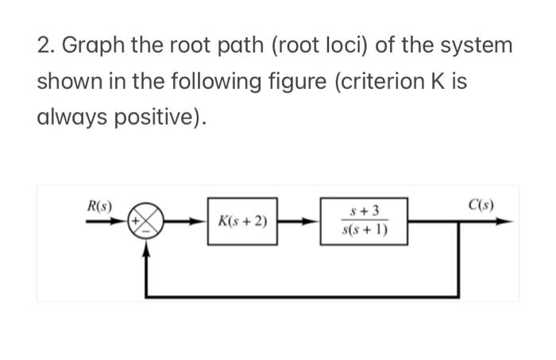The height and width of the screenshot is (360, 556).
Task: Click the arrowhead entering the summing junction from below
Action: point(147,246)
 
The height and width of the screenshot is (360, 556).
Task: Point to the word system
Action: point(473,45)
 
